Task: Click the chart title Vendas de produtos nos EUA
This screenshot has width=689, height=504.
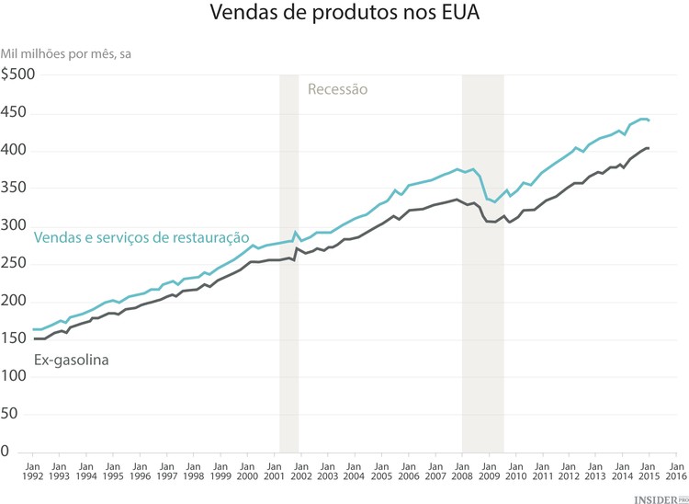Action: (344, 15)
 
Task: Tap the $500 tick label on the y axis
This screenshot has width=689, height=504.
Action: (17, 75)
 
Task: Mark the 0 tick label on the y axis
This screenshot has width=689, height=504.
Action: (6, 452)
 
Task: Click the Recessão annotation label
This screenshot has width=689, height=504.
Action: (337, 90)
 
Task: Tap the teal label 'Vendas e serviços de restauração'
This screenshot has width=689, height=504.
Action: (141, 237)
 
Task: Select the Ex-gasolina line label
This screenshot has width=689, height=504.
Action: (72, 361)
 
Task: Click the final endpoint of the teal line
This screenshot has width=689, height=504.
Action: (649, 120)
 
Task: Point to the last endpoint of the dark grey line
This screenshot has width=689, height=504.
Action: (649, 148)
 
